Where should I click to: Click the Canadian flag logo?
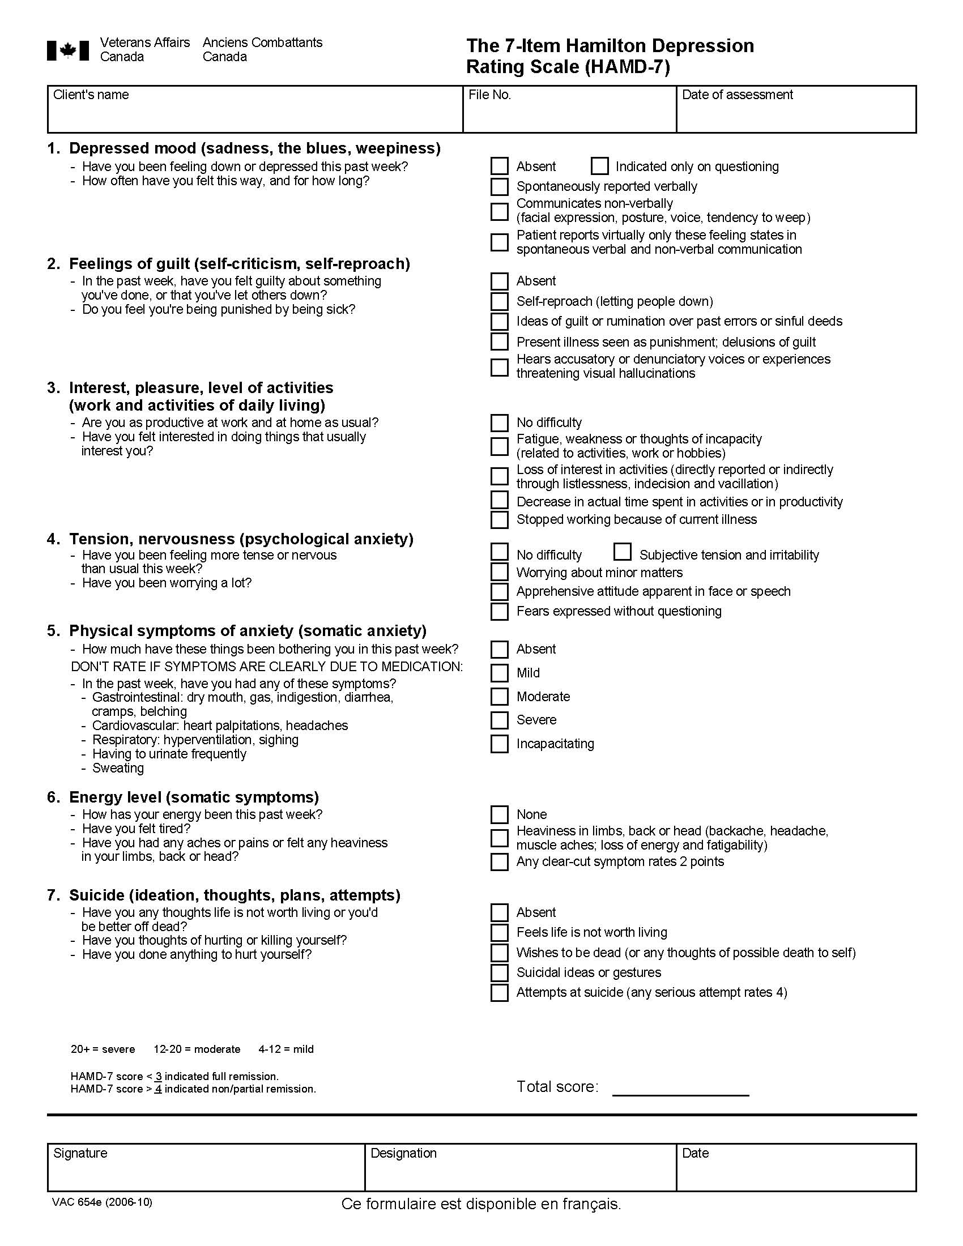point(68,50)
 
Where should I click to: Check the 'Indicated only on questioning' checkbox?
point(599,166)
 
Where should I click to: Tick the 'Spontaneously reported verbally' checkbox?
point(499,186)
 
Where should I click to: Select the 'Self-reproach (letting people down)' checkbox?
point(499,301)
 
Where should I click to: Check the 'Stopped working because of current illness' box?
point(499,520)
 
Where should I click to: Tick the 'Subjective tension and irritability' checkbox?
point(623,552)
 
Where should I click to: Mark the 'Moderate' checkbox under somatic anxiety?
point(499,697)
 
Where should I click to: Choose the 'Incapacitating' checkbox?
point(499,744)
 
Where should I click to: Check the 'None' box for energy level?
point(499,814)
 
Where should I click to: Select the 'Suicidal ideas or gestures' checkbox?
point(499,972)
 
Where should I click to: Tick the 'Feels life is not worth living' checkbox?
point(499,933)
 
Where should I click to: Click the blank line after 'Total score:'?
point(680,1089)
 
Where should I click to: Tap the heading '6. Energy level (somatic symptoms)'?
point(193,797)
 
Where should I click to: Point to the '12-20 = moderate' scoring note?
point(197,1049)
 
